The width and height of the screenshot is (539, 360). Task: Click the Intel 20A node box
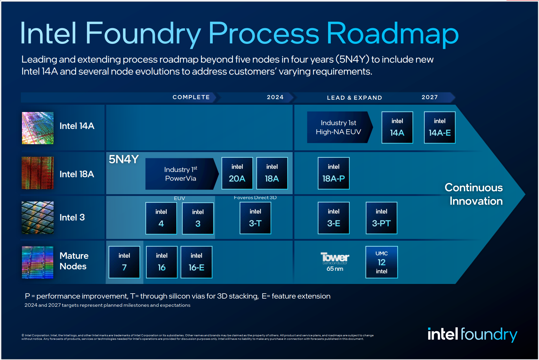[x=237, y=173]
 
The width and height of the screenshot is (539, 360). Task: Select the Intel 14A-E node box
[x=440, y=128]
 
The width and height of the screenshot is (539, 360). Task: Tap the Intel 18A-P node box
[x=334, y=173]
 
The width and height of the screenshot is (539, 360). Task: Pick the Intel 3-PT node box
[x=381, y=218]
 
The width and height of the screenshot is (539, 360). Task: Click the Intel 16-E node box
[x=196, y=262]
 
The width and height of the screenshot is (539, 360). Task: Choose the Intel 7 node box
[x=124, y=262]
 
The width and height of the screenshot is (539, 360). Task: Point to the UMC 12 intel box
[x=381, y=262]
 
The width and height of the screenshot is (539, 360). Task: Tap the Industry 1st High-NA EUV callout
[x=339, y=127]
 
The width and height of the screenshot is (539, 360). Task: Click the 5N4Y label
[x=123, y=159]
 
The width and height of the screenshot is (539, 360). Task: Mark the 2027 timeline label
[x=430, y=97]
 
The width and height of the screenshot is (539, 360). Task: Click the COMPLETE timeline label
[x=191, y=97]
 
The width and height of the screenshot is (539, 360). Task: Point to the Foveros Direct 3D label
[x=255, y=198]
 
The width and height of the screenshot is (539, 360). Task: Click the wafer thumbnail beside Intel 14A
[x=38, y=128]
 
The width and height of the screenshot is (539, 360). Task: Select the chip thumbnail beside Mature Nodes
[x=38, y=262]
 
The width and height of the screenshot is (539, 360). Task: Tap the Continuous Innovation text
[x=474, y=194]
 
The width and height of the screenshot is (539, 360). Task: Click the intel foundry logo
[x=472, y=334]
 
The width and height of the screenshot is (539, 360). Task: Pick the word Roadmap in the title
[x=392, y=34]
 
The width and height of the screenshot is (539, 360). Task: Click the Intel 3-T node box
[x=255, y=218]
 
